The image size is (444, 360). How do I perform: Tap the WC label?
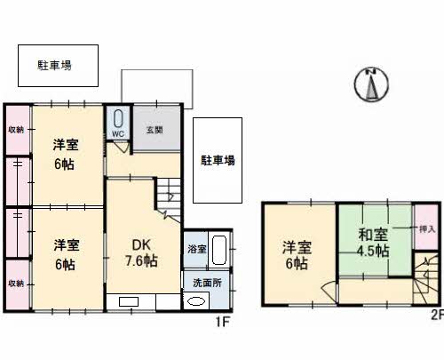[117, 135]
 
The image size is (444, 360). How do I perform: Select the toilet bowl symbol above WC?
[118, 118]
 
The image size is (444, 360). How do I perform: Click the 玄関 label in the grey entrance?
[155, 130]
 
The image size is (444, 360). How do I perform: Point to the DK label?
[142, 244]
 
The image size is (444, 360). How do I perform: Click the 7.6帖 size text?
[142, 261]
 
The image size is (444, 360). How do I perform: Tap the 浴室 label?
[196, 249]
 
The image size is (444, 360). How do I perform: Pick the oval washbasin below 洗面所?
[196, 300]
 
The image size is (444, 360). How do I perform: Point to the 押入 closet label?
[426, 229]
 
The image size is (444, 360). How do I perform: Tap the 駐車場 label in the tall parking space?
[218, 161]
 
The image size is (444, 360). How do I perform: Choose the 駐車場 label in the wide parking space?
[54, 64]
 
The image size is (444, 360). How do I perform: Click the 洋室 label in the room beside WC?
[65, 145]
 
